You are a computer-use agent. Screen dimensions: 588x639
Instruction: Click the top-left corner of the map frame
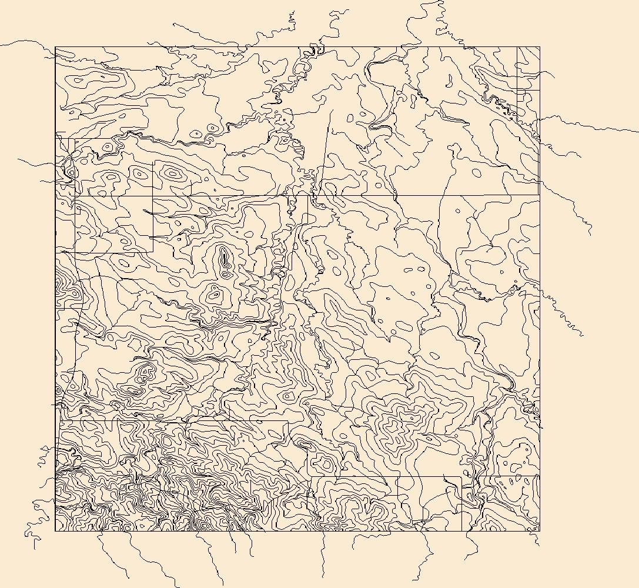pos(55,47)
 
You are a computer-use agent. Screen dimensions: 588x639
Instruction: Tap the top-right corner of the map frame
pos(540,47)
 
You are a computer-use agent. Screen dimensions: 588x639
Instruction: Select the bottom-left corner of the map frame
pos(55,531)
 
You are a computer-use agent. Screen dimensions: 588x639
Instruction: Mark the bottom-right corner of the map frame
pos(540,531)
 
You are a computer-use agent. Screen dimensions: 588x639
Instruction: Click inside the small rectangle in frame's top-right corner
pos(528,68)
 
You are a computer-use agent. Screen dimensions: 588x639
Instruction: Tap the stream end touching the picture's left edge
pos(1,44)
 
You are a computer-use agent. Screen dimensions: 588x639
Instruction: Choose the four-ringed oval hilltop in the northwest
pos(172,173)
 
